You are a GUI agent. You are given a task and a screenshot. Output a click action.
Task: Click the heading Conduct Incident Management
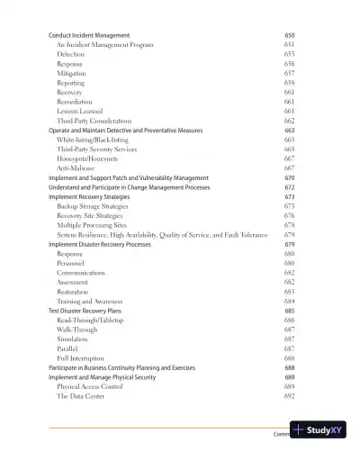point(89,34)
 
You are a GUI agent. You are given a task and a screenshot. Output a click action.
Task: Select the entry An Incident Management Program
point(104,44)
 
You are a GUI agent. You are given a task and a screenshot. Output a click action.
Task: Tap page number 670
point(289,178)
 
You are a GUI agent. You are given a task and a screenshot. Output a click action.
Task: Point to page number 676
point(289,216)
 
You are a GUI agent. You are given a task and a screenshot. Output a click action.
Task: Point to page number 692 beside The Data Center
point(289,396)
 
